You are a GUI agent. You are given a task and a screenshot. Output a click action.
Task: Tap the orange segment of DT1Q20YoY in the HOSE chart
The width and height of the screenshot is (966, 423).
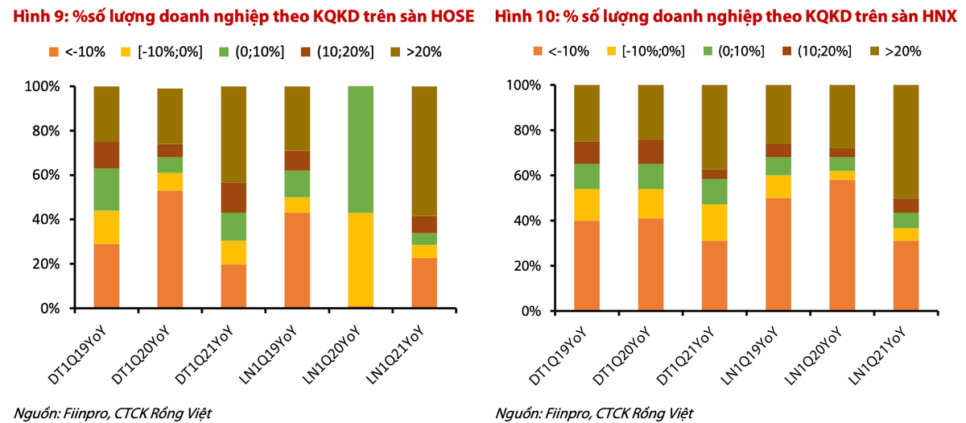point(170,249)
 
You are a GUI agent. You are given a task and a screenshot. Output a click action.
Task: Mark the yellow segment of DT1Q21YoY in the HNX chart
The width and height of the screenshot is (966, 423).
point(713,222)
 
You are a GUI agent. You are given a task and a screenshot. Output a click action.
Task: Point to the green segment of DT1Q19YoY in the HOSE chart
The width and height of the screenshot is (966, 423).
point(106,189)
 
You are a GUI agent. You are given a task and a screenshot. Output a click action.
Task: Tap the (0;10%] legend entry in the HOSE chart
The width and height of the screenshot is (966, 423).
point(251,52)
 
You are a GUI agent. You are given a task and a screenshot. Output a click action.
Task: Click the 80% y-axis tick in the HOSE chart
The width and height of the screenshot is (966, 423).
point(49,131)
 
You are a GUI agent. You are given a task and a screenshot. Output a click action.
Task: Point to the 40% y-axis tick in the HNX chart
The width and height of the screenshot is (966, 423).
point(530,221)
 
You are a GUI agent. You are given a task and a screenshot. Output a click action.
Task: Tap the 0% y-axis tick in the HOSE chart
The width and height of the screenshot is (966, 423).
point(53,309)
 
